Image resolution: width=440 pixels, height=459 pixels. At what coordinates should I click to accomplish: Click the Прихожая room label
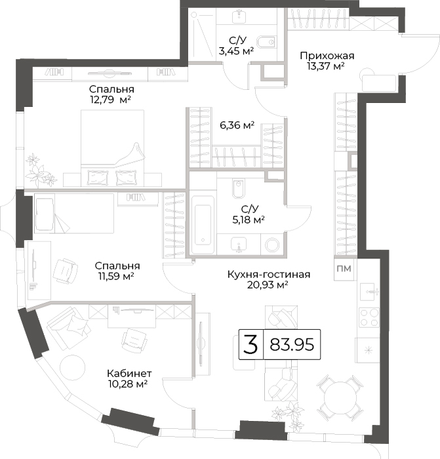(x=327, y=56)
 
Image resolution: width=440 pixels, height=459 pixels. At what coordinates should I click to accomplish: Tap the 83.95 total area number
(x=292, y=344)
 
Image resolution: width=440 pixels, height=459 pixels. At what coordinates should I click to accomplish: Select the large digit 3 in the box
(x=251, y=344)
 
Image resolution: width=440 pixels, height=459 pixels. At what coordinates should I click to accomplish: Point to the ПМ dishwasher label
(x=344, y=268)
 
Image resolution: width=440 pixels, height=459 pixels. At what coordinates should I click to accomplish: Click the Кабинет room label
(x=129, y=374)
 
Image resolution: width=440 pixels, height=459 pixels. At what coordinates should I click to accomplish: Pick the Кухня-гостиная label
(x=269, y=275)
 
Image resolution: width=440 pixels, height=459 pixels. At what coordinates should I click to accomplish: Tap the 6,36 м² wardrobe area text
(x=237, y=125)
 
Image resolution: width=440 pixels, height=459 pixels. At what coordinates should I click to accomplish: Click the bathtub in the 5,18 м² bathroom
(x=203, y=224)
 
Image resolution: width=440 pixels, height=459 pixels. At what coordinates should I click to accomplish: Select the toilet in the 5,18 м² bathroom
(x=238, y=189)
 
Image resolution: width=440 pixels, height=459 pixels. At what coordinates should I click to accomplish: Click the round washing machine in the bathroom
(x=272, y=244)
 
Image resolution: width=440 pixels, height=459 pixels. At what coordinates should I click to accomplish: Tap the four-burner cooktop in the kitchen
(x=369, y=317)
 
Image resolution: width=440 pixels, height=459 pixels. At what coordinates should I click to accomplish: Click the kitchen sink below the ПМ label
(x=369, y=292)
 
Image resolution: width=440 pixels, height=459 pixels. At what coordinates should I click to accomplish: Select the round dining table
(x=340, y=398)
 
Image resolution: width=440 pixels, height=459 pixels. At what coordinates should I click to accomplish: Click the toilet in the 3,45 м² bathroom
(x=266, y=41)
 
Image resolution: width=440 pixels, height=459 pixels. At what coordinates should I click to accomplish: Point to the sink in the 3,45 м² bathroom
(x=239, y=16)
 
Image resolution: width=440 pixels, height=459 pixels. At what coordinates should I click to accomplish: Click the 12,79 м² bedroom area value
(x=110, y=100)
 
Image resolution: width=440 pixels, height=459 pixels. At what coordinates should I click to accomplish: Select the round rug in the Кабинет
(x=72, y=367)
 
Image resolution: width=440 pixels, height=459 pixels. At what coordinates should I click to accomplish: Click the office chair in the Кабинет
(x=134, y=340)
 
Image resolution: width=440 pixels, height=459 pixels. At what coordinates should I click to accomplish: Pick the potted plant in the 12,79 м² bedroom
(x=40, y=170)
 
